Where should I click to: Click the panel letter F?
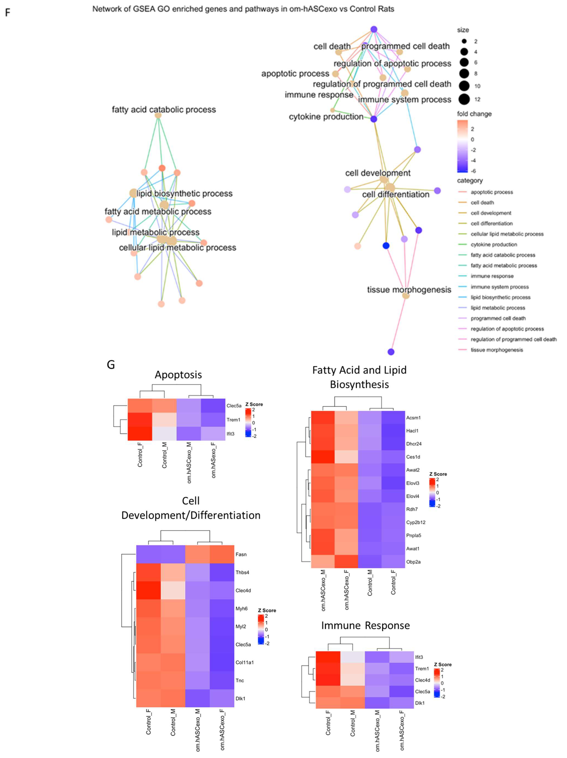pos(8,13)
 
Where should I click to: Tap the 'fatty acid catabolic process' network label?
pos(164,110)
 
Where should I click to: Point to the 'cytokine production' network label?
pos(326,117)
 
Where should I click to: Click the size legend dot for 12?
pos(464,99)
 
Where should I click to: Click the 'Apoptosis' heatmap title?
pos(178,375)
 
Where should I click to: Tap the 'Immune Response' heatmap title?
pos(365,625)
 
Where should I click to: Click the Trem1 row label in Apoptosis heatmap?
pos(233,420)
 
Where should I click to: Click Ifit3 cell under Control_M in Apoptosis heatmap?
pos(164,433)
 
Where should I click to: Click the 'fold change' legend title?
pos(474,114)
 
